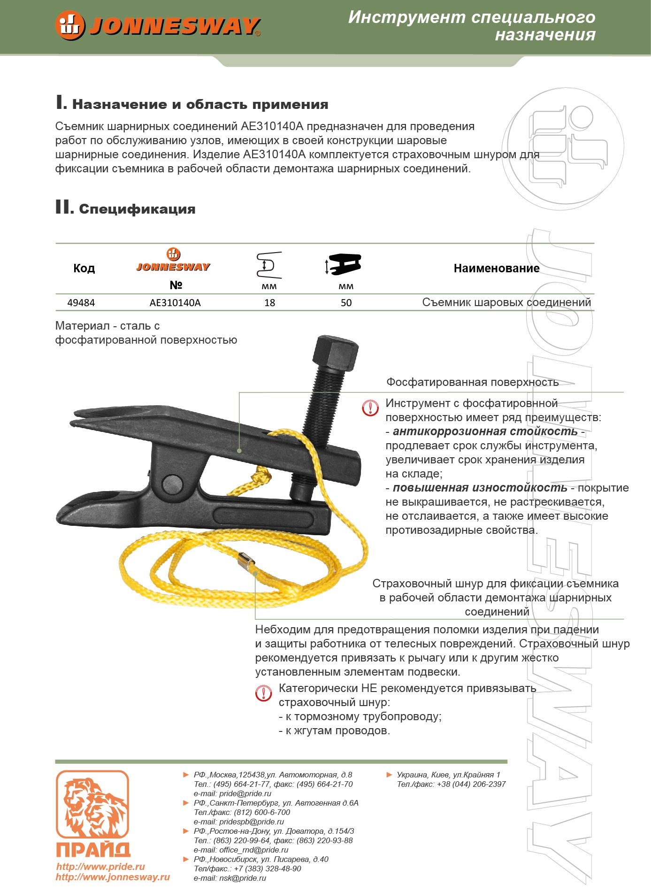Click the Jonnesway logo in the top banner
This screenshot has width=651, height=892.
[x=158, y=25]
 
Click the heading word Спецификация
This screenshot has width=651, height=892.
[x=137, y=209]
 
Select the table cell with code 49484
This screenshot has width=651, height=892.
[x=81, y=303]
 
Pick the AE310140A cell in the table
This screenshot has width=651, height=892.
[x=175, y=303]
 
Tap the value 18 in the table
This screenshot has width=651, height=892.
[x=269, y=303]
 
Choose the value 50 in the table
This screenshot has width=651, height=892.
[x=346, y=303]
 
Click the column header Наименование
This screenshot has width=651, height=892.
[x=496, y=269]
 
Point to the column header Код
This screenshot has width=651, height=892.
[x=84, y=269]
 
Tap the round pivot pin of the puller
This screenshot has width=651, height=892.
[x=172, y=483]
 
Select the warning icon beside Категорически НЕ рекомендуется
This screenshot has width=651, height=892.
[x=264, y=693]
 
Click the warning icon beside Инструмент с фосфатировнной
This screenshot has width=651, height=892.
[x=370, y=408]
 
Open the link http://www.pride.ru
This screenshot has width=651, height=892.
[x=100, y=867]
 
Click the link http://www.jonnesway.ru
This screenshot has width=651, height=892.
[x=113, y=877]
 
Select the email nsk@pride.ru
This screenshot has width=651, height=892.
[x=242, y=878]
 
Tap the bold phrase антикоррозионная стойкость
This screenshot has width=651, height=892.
[x=485, y=431]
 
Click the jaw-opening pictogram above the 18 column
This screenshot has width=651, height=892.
[x=269, y=265]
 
